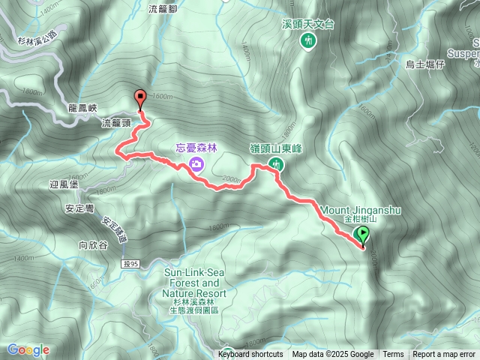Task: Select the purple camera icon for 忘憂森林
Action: coord(196,164)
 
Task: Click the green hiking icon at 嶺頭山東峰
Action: coord(276,163)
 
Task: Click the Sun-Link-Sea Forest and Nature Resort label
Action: coord(191,284)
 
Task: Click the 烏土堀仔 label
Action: coord(425,64)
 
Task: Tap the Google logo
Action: coord(28,349)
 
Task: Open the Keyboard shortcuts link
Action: coord(251,355)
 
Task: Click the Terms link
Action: coord(393,355)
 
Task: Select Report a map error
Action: coord(445,355)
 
